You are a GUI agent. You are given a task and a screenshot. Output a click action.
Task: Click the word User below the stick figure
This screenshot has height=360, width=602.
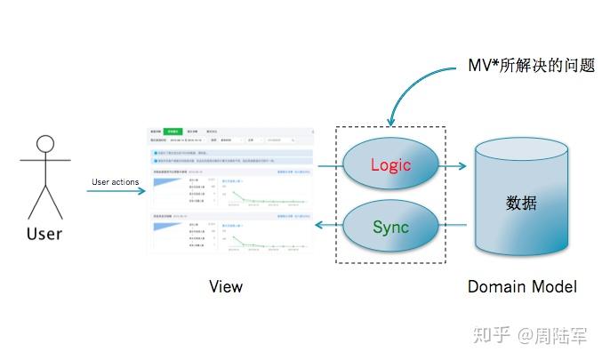pyautogui.click(x=44, y=234)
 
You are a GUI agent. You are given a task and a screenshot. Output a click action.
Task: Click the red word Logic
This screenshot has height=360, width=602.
pyautogui.click(x=389, y=165)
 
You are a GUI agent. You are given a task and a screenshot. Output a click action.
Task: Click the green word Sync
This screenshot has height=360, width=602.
pyautogui.click(x=389, y=227)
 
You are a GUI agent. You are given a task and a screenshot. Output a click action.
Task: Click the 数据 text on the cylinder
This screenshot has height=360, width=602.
pyautogui.click(x=521, y=203)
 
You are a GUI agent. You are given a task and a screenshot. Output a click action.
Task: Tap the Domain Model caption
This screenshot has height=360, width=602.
pyautogui.click(x=522, y=286)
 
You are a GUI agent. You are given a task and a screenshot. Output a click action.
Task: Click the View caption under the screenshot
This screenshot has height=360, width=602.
pyautogui.click(x=226, y=286)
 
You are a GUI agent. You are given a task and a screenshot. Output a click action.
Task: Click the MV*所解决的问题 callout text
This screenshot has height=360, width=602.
pyautogui.click(x=531, y=66)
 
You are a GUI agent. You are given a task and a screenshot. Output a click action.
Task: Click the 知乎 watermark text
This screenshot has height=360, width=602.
pyautogui.click(x=491, y=335)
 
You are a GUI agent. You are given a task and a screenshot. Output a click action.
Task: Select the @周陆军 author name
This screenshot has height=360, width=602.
pyautogui.click(x=553, y=335)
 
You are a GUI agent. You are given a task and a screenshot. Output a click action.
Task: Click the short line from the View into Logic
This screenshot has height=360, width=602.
pyautogui.click(x=329, y=166)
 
